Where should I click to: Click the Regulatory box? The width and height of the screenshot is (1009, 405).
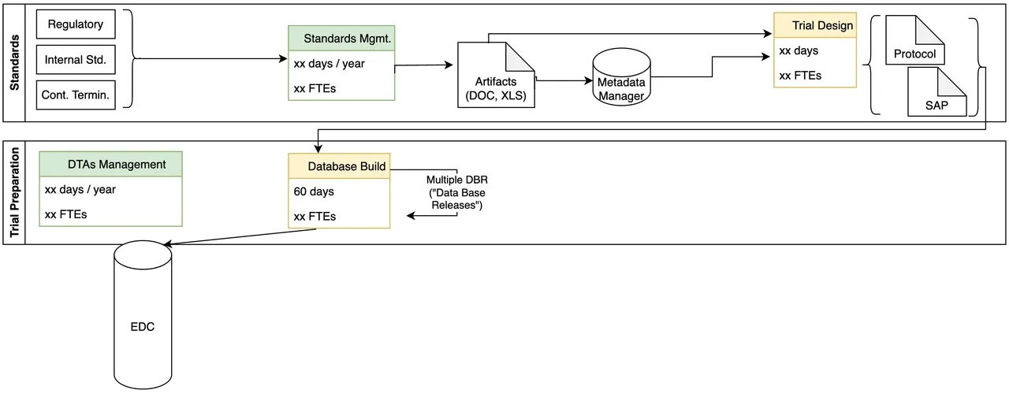tap(76, 24)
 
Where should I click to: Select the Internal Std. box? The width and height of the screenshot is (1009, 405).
tap(76, 59)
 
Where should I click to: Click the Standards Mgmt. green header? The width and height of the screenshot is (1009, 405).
tap(341, 38)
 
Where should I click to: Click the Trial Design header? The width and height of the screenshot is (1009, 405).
tap(814, 25)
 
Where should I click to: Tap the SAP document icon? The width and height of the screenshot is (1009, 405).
tap(937, 95)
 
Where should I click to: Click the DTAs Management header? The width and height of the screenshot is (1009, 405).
tap(111, 164)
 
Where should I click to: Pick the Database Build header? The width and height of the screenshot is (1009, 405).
tap(339, 166)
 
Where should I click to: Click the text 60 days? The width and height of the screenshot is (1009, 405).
tap(314, 191)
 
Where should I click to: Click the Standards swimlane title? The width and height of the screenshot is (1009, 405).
tap(14, 61)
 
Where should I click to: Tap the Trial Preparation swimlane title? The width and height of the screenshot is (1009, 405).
tap(14, 192)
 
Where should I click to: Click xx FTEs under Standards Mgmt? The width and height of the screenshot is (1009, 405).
tap(315, 88)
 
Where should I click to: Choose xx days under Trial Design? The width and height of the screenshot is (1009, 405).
tap(799, 50)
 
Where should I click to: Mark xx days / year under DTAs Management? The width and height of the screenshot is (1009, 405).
tap(80, 189)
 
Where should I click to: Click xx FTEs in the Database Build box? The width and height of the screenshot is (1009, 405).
tap(315, 217)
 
